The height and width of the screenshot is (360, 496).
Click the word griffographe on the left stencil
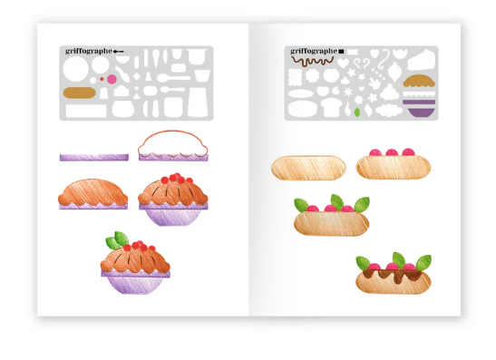[x=89, y=52]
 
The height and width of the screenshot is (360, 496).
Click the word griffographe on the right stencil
[x=312, y=52]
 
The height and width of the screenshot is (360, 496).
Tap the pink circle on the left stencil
[x=112, y=79]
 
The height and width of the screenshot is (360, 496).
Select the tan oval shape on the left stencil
[x=78, y=92]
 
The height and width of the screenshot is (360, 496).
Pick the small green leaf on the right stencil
[x=357, y=112]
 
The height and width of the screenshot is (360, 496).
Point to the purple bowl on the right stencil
[x=419, y=107]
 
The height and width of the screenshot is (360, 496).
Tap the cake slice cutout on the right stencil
[x=419, y=61]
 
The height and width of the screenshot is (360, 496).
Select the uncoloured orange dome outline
[x=172, y=144]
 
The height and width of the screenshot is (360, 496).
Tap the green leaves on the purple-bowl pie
[x=118, y=240]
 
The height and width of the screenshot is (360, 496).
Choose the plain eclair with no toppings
[x=308, y=168]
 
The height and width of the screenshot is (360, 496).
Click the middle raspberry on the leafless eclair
[x=390, y=152]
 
